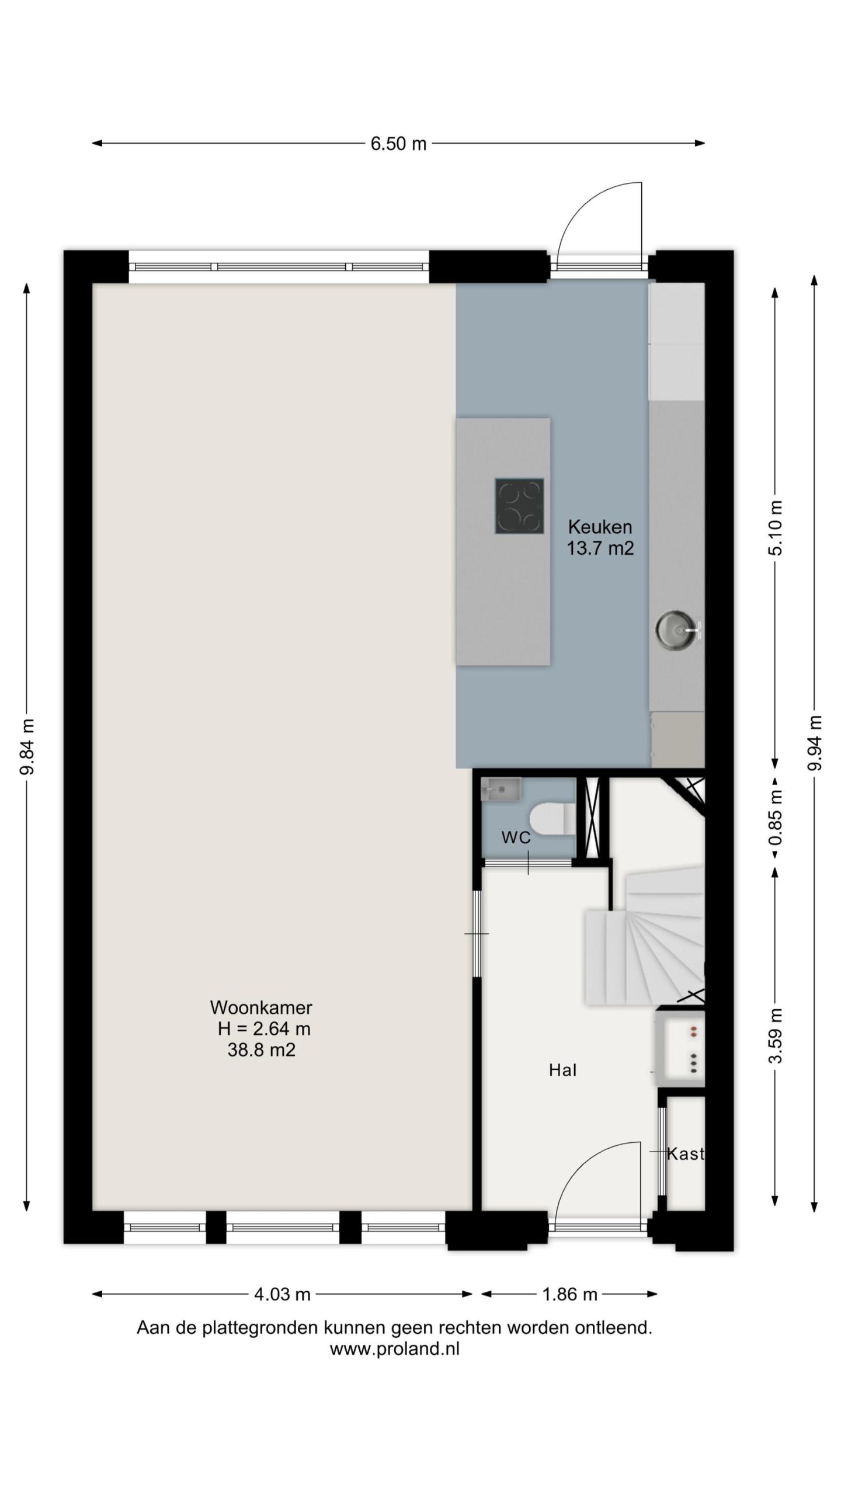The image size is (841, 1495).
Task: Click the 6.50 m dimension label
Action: [x=398, y=144]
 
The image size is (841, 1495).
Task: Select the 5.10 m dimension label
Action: [x=776, y=528]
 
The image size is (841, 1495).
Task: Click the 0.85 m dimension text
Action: [x=776, y=817]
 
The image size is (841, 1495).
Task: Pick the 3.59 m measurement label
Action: [x=776, y=1035]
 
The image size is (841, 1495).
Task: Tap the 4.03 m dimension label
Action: [x=282, y=1295]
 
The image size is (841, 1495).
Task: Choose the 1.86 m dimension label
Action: [x=569, y=1295]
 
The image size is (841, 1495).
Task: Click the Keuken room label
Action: [x=600, y=527]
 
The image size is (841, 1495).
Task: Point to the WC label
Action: [x=516, y=838]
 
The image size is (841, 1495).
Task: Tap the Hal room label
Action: [x=563, y=1070]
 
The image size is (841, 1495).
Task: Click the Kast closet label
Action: [x=685, y=1154]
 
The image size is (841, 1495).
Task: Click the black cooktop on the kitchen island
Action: [x=519, y=506]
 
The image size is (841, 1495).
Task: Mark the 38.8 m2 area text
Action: [x=261, y=1049]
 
